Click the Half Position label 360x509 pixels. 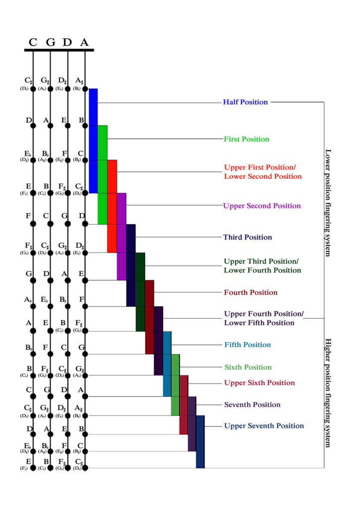coord(245,102)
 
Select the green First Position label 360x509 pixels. coord(246,139)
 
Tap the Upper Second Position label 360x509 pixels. coord(262,206)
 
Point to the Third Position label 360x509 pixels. coord(248,237)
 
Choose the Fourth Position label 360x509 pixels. coord(251,292)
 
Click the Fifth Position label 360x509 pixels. coord(248,344)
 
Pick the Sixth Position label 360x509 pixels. coord(248,367)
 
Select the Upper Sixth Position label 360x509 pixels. coord(260,383)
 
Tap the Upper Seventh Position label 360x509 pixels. coord(264,426)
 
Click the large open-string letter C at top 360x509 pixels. coord(33,42)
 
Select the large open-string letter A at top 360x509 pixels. coord(85,42)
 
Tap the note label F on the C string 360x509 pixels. coord(28,216)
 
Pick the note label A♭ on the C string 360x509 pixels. coord(28,299)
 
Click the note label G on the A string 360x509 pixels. coord(81,346)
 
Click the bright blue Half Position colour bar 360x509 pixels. coord(93,141)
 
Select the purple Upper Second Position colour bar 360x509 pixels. coord(121,236)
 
